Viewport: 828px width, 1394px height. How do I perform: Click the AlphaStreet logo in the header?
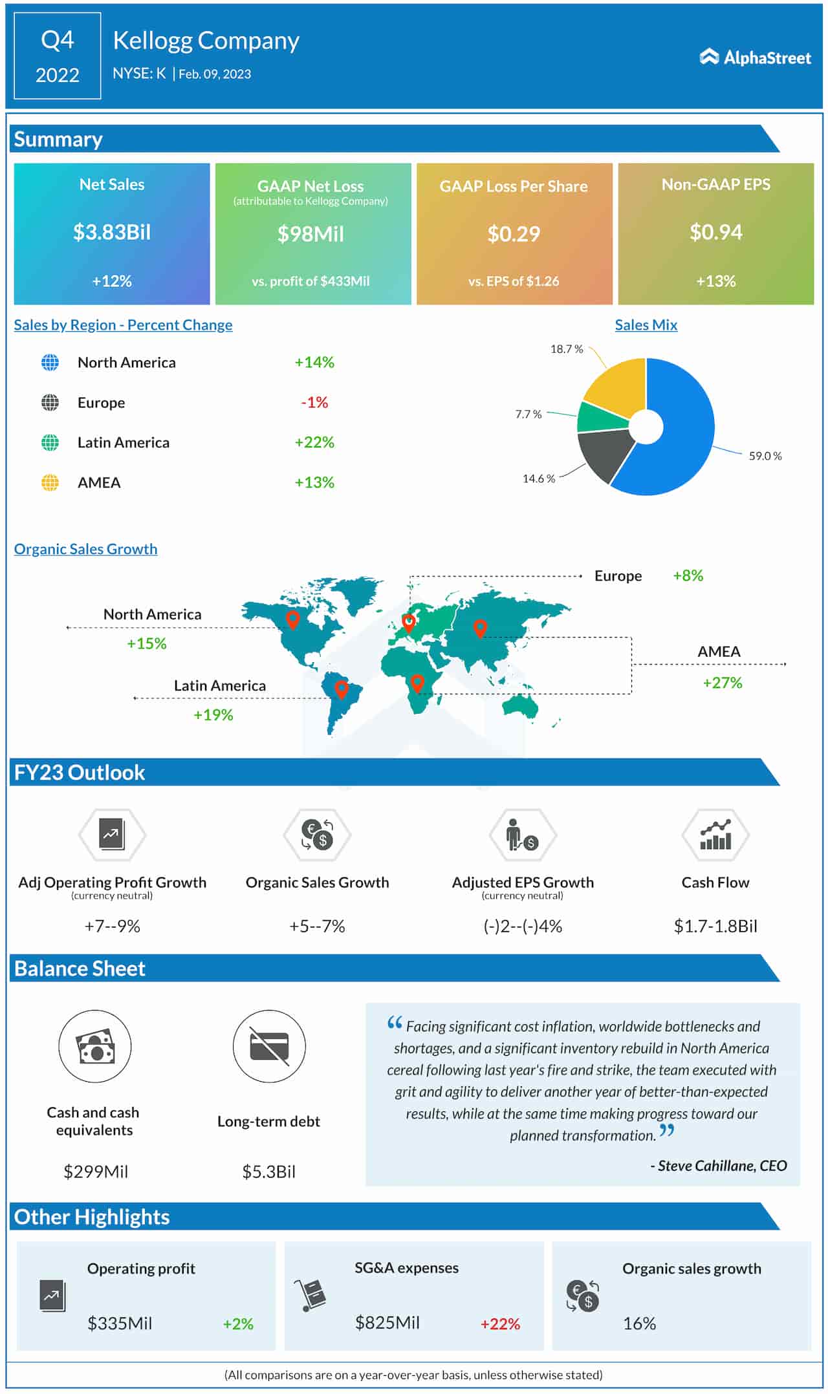coord(755,58)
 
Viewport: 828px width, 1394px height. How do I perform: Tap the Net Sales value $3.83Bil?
coord(112,232)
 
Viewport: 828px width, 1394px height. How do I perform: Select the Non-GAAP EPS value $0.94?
coord(715,232)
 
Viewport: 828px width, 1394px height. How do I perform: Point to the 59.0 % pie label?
coord(765,456)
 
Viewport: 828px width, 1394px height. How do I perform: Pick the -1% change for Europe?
coord(314,402)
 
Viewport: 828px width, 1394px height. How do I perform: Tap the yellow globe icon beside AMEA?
coord(50,482)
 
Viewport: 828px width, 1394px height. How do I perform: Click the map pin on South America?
coord(342,690)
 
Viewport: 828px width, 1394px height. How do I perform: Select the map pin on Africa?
coord(417,682)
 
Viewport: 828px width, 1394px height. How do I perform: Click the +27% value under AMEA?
coord(722,683)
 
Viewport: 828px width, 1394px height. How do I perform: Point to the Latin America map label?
coord(219,685)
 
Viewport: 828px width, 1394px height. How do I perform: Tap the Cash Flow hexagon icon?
coord(715,835)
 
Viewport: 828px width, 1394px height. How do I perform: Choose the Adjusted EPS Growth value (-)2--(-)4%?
coord(523,926)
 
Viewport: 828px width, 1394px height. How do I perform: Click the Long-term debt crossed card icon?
coord(269,1046)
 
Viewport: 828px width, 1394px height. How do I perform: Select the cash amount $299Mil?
coord(96,1172)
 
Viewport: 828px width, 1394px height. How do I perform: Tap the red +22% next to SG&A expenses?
coord(500,1324)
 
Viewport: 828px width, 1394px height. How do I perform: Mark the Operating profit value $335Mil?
coord(120,1323)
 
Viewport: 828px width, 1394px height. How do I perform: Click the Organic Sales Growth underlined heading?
coord(85,549)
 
